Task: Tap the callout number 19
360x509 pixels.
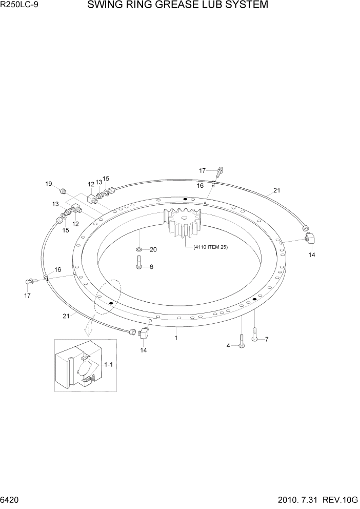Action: pos(48,184)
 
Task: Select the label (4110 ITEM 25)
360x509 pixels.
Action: pos(210,247)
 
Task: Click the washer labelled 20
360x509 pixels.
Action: pos(139,249)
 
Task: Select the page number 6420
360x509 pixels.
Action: pos(11,500)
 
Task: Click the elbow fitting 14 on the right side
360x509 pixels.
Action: pos(310,238)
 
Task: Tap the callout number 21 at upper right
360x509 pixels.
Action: pos(276,190)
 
